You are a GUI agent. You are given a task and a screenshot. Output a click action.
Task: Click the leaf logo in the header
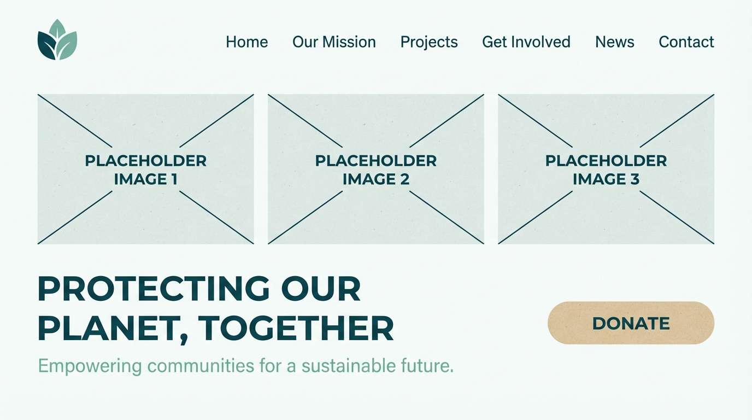(57, 40)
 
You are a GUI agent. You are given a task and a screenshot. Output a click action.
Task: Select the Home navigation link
(247, 42)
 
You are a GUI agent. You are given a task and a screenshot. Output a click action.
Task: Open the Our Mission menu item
(334, 42)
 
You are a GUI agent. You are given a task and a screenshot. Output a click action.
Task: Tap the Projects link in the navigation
(429, 42)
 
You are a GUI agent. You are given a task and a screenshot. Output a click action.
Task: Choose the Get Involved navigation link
(526, 42)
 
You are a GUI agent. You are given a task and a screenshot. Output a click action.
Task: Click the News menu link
(615, 42)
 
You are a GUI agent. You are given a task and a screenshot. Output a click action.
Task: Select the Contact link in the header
(686, 42)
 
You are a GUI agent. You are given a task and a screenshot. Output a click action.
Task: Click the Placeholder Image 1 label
(146, 170)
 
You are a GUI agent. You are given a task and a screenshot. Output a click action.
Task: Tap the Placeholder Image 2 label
(376, 170)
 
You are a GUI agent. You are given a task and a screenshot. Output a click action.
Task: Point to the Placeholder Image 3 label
(606, 170)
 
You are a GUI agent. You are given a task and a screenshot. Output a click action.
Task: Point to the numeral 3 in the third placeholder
(634, 179)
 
